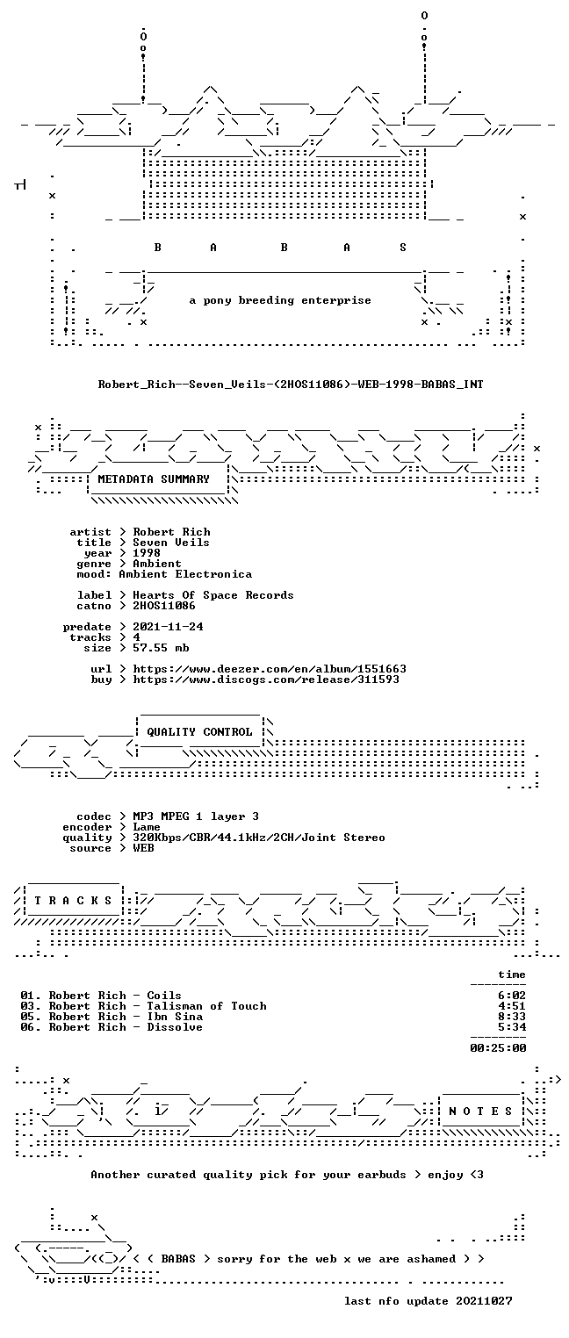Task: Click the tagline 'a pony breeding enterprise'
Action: point(280,300)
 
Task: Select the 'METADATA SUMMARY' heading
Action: point(154,479)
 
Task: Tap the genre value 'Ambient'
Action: point(157,564)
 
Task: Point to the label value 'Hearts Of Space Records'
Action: point(213,595)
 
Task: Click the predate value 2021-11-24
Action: point(168,627)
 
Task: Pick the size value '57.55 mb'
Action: point(161,648)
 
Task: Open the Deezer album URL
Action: point(270,670)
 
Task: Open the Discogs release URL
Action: point(266,680)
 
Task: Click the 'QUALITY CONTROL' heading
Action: point(199,732)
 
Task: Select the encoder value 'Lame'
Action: point(147,827)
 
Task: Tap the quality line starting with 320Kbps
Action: point(259,838)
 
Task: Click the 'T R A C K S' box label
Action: point(74,901)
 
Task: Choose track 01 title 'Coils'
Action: point(164,996)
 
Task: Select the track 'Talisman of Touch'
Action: point(207,1006)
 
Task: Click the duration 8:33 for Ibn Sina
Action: point(512,1017)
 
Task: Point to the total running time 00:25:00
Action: point(498,1048)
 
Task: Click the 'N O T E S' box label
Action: point(480,1111)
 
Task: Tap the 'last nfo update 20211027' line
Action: point(428,1301)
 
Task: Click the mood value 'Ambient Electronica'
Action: point(185,575)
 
